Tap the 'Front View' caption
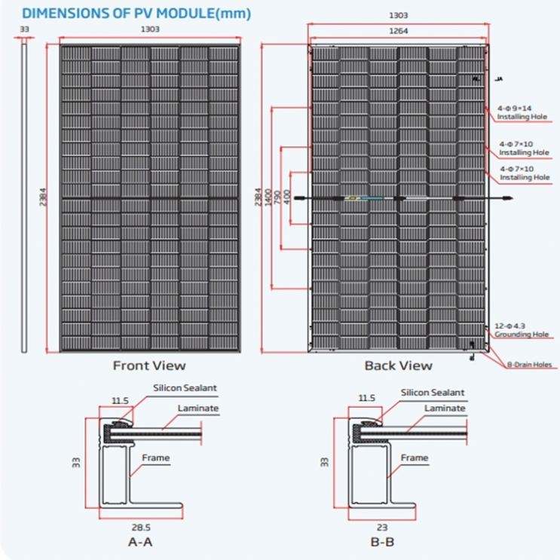pyautogui.click(x=149, y=366)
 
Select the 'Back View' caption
pyautogui.click(x=398, y=366)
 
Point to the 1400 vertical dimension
pyautogui.click(x=268, y=198)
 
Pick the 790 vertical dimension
pyautogui.click(x=277, y=198)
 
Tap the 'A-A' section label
pyautogui.click(x=139, y=541)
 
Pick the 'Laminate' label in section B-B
pyautogui.click(x=445, y=408)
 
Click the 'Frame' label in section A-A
pyautogui.click(x=155, y=457)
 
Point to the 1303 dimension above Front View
pyautogui.click(x=150, y=29)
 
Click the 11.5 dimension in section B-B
pyautogui.click(x=366, y=398)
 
